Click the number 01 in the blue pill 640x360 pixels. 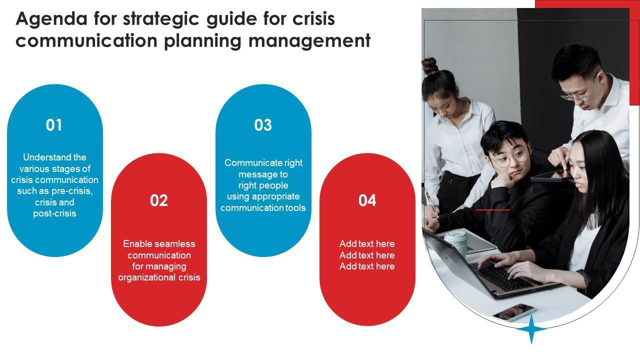click(x=53, y=125)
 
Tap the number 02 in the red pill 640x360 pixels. click(x=159, y=200)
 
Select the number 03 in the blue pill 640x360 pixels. click(x=263, y=125)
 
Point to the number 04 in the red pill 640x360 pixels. click(x=367, y=200)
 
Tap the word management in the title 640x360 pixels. click(x=309, y=41)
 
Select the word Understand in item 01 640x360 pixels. click(x=47, y=157)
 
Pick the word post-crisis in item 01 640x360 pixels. click(x=54, y=213)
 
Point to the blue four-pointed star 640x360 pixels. click(x=531, y=329)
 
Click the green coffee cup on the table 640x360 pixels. click(x=456, y=244)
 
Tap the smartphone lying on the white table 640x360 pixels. click(x=514, y=313)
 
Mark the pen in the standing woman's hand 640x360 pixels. click(x=431, y=201)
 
